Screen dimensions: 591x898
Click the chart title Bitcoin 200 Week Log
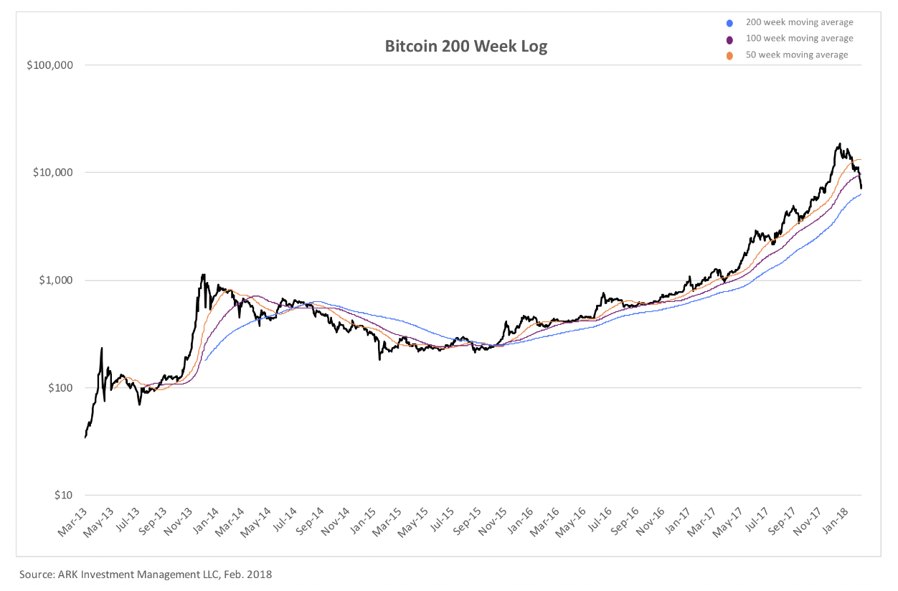[465, 47]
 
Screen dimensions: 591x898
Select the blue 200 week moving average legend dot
[729, 22]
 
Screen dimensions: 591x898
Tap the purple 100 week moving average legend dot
[729, 39]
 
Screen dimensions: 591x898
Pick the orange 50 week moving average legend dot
[729, 55]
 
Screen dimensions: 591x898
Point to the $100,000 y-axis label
[50, 65]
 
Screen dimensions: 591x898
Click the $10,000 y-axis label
[53, 173]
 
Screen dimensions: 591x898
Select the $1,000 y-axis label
[56, 280]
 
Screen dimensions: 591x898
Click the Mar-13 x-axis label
[72, 522]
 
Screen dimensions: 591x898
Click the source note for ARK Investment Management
[146, 575]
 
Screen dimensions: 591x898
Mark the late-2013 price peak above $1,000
[204, 275]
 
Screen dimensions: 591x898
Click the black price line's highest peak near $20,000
[839, 144]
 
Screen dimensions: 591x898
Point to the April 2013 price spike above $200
[101, 349]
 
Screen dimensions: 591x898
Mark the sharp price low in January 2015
[379, 358]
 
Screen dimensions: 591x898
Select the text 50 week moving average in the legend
[797, 55]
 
